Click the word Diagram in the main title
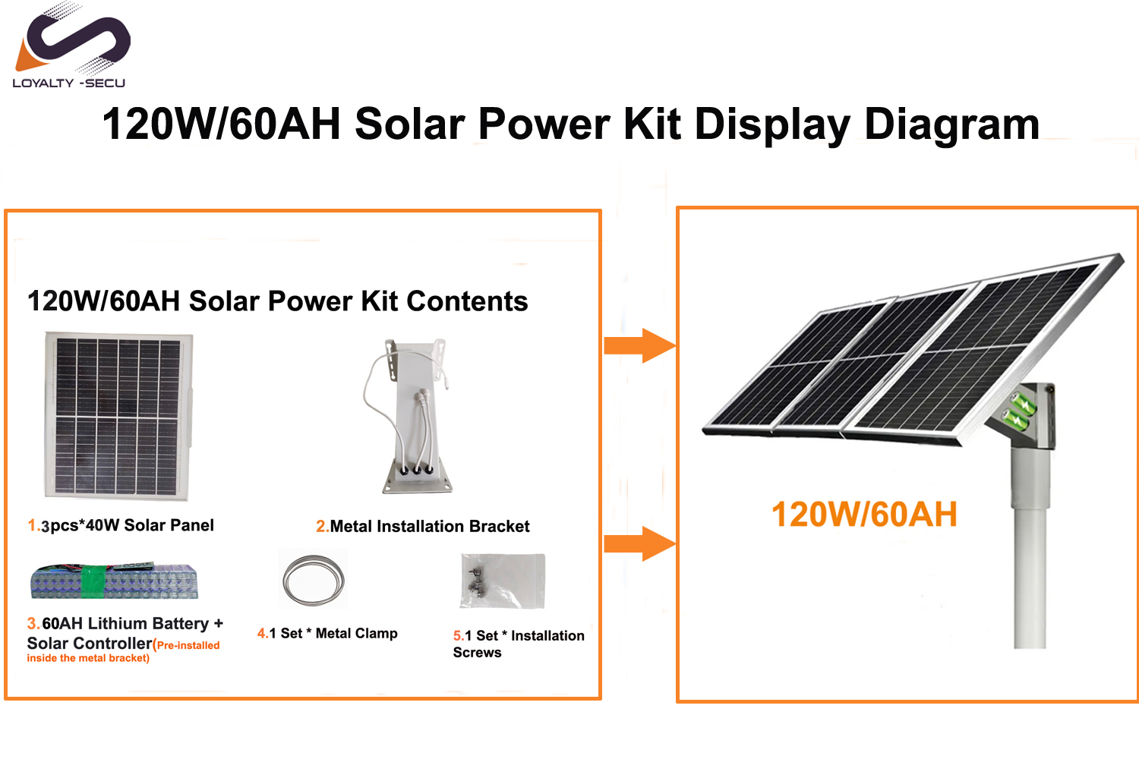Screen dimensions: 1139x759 (x=952, y=124)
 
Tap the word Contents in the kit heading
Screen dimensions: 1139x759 (x=467, y=301)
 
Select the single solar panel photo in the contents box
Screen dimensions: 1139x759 (x=118, y=416)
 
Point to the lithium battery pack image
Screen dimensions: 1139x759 (x=114, y=581)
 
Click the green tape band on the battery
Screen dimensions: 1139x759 (x=93, y=581)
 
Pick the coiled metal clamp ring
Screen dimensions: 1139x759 (x=313, y=580)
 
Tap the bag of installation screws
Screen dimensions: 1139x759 (x=503, y=581)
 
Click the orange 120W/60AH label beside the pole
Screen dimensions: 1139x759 (x=864, y=514)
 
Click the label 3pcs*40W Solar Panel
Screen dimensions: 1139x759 (x=127, y=525)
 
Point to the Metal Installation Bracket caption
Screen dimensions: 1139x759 (x=430, y=526)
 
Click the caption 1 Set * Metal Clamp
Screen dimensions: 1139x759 (x=333, y=634)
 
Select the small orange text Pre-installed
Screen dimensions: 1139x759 (x=188, y=645)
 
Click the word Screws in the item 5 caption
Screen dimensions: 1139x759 (x=477, y=652)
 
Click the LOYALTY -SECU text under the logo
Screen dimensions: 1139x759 (x=68, y=83)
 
